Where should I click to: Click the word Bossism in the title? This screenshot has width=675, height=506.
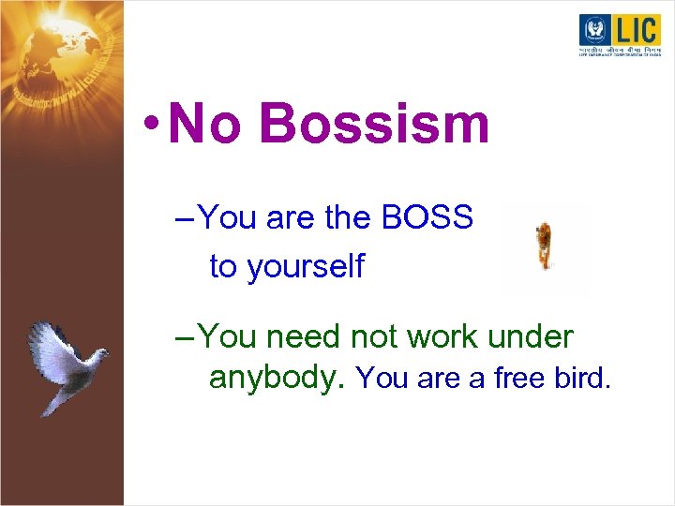pyautogui.click(x=374, y=125)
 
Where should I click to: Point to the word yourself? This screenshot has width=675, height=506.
pyautogui.click(x=306, y=267)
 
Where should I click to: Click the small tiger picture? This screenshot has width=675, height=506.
pyautogui.click(x=544, y=246)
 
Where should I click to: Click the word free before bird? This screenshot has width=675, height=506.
pyautogui.click(x=521, y=379)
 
